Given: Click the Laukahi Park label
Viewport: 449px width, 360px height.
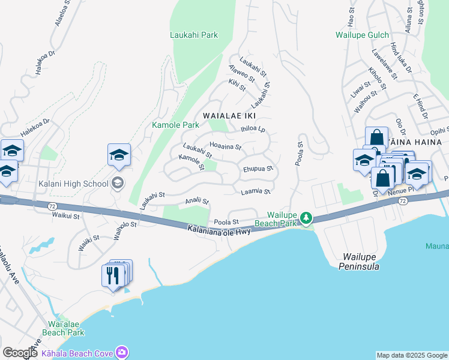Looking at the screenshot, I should [x=193, y=35].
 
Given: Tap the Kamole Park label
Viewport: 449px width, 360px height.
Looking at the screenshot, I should [x=175, y=125].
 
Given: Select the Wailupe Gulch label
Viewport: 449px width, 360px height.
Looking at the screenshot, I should [x=362, y=35].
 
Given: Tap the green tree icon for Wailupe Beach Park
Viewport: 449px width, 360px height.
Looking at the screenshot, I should [x=306, y=217].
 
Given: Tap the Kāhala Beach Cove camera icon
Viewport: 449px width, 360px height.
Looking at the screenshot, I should [x=122, y=352].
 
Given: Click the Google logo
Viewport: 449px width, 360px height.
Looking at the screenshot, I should [x=20, y=353].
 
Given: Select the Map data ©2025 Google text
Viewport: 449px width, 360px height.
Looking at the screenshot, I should [x=411, y=355].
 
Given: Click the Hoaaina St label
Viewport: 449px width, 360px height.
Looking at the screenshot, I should [x=225, y=146].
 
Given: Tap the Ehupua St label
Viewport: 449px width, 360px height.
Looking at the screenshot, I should [x=258, y=169].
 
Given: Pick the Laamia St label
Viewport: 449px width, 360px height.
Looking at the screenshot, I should [x=256, y=191].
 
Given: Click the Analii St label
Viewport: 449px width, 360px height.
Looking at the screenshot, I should [x=197, y=201].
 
